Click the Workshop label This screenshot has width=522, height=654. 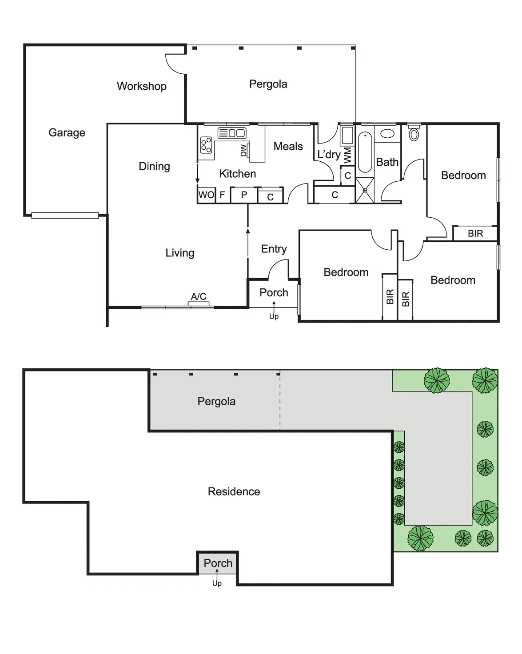(x=141, y=86)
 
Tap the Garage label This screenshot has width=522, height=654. (x=67, y=132)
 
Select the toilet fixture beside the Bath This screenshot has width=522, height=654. (x=414, y=134)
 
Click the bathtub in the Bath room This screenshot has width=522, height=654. (x=365, y=152)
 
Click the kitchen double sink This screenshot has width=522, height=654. (x=231, y=132)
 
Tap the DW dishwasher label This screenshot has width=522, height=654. (x=243, y=151)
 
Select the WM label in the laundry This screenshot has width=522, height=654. (x=347, y=155)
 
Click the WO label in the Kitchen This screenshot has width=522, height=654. (x=206, y=195)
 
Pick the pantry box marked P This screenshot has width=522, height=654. (x=244, y=195)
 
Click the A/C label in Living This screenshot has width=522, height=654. (x=199, y=296)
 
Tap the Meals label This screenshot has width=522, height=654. (x=288, y=146)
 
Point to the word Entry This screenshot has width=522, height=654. (x=274, y=249)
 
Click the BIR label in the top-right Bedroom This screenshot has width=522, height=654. (x=475, y=233)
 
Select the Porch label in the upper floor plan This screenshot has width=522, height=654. (x=274, y=292)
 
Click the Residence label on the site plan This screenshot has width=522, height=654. (x=234, y=491)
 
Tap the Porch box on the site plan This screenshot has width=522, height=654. (x=218, y=563)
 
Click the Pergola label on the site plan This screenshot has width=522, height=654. (x=216, y=401)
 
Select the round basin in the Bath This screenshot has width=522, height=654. (x=387, y=134)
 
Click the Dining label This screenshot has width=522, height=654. (x=154, y=166)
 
